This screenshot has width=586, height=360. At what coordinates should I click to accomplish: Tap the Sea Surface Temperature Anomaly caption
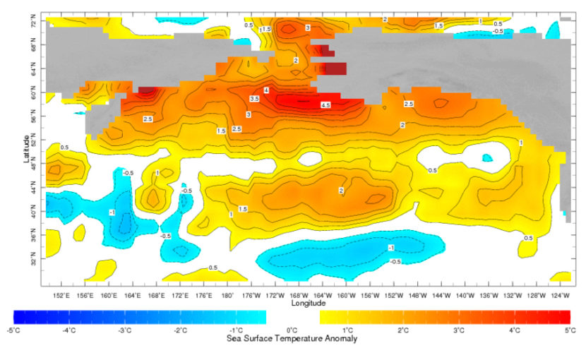point(292,339)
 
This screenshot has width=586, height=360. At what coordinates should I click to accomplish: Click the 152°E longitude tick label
point(61,295)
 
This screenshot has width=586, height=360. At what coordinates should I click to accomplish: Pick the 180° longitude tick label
point(227,295)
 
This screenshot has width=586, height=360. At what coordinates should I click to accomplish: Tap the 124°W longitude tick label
point(561,295)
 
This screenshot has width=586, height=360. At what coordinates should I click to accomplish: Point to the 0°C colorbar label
point(292,330)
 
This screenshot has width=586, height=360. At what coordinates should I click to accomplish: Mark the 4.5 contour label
point(326,105)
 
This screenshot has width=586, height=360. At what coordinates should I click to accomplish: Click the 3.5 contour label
point(254,100)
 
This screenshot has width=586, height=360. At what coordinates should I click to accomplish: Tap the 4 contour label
point(266,91)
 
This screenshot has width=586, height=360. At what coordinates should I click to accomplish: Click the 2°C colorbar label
point(403,330)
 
